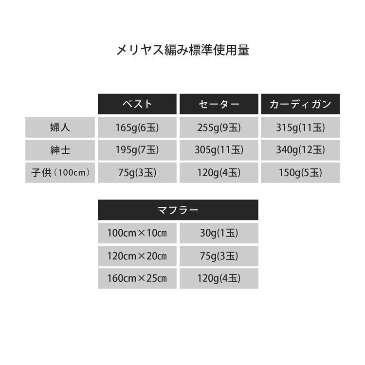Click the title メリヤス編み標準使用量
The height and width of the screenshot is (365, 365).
pyautogui.click(x=182, y=50)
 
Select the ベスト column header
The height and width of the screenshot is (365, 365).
pyautogui.click(x=137, y=104)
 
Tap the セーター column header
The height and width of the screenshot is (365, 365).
pyautogui.click(x=219, y=104)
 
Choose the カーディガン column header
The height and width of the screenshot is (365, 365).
pyautogui.click(x=300, y=104)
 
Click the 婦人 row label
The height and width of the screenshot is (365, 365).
pyautogui.click(x=60, y=128)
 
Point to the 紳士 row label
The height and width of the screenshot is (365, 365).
pyautogui.click(x=60, y=150)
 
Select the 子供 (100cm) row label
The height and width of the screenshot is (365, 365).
pyautogui.click(x=60, y=173)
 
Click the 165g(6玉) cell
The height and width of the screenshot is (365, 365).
pyautogui.click(x=137, y=128)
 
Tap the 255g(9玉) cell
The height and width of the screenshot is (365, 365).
pyautogui.click(x=219, y=128)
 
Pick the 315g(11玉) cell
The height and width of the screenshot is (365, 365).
pyautogui.click(x=300, y=128)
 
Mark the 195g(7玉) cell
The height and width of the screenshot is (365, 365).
pyautogui.click(x=137, y=150)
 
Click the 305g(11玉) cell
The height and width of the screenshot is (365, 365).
pyautogui.click(x=219, y=150)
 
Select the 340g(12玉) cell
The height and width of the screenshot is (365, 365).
pyautogui.click(x=300, y=150)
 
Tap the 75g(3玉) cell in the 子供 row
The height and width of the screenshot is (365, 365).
pyautogui.click(x=137, y=173)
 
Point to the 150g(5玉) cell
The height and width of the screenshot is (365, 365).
pyautogui.click(x=300, y=173)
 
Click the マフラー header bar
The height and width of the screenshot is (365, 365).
pyautogui.click(x=178, y=210)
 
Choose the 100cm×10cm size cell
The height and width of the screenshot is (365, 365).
pyautogui.click(x=137, y=233)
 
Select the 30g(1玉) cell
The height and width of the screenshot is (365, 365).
pyautogui.click(x=219, y=233)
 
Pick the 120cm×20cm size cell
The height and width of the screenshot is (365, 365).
pyautogui.click(x=137, y=256)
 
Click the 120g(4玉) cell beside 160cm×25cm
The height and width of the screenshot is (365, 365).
pyautogui.click(x=219, y=278)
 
